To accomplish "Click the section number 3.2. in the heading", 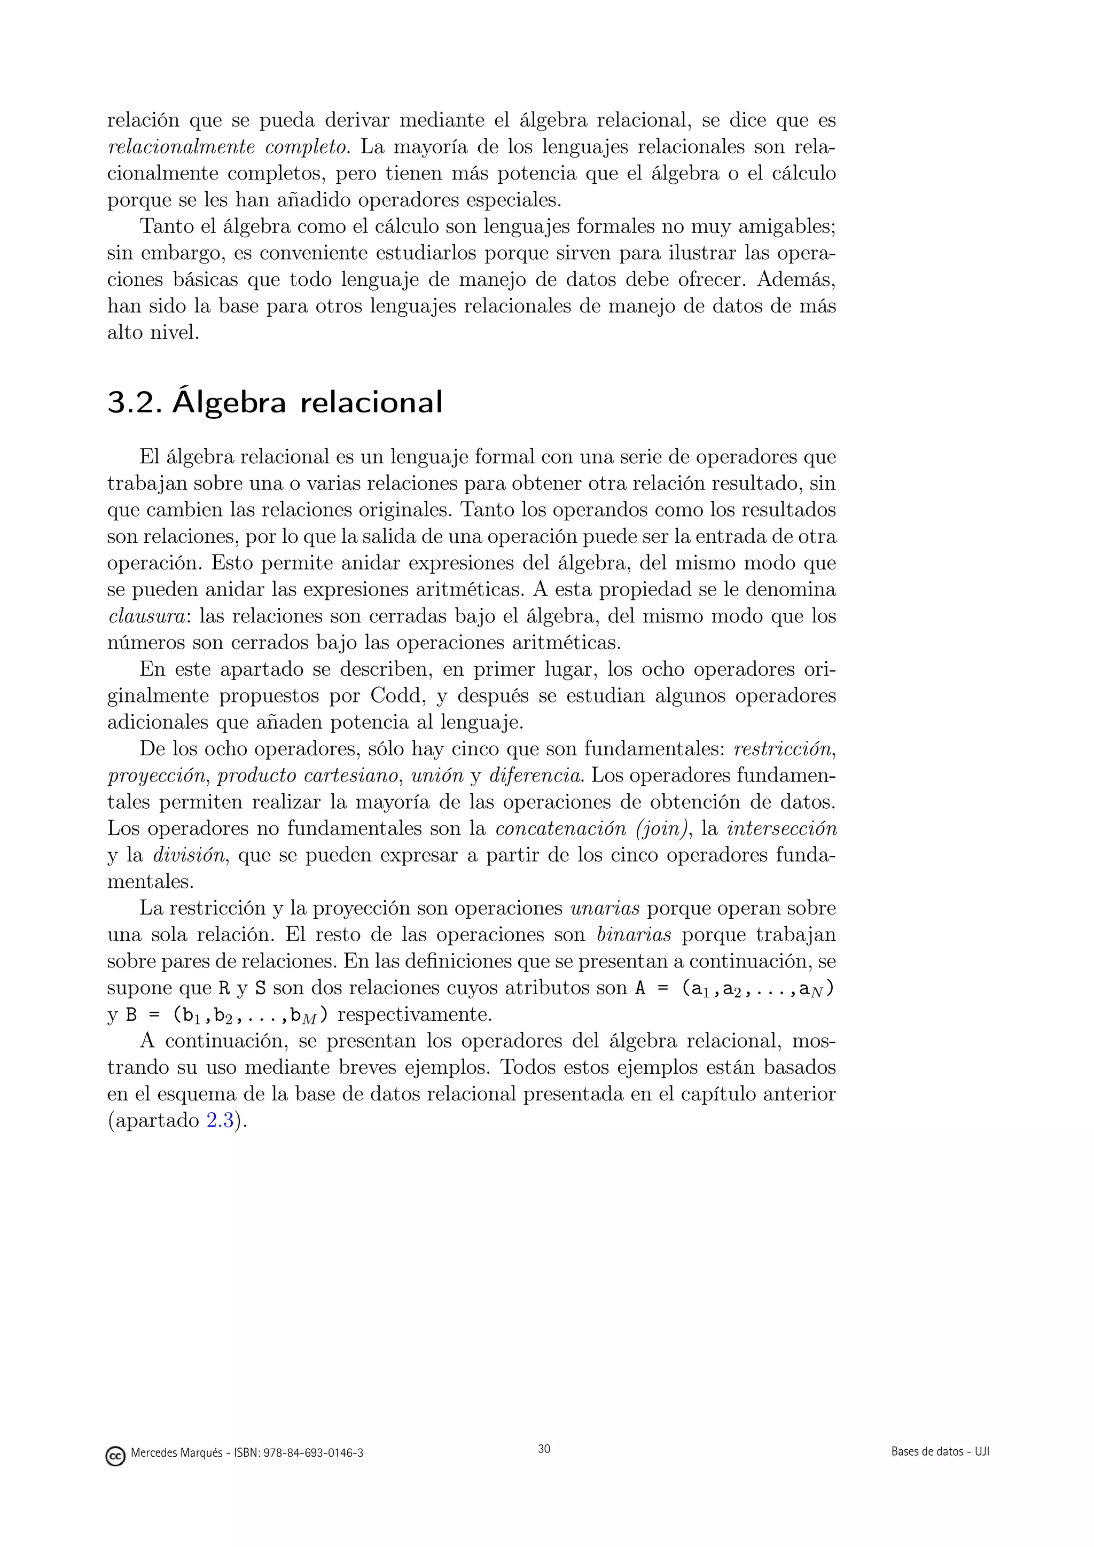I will click(x=134, y=402).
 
